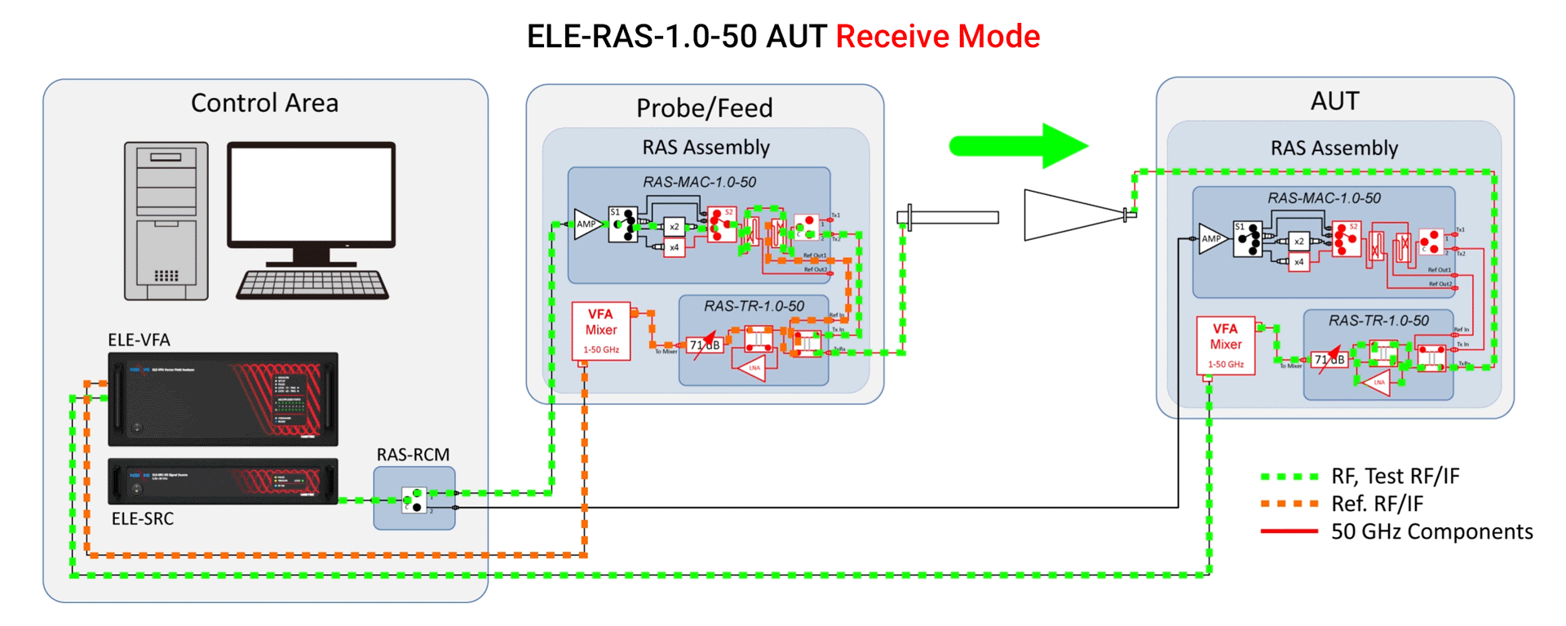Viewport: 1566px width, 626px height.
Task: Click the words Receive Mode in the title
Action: pyautogui.click(x=937, y=37)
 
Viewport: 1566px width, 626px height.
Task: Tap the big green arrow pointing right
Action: pyautogui.click(x=1020, y=146)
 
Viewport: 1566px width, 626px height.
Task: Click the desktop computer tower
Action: pyautogui.click(x=166, y=220)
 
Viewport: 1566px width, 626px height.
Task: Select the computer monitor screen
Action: pyautogui.click(x=311, y=195)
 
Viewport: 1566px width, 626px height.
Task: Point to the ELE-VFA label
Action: pyautogui.click(x=139, y=340)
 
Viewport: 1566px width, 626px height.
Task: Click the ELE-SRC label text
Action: pyautogui.click(x=143, y=518)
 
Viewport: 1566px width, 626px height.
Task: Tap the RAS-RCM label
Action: pyautogui.click(x=413, y=455)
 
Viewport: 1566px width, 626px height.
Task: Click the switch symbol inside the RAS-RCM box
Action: pyautogui.click(x=414, y=499)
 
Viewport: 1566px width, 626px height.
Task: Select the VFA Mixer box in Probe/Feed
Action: pyautogui.click(x=601, y=331)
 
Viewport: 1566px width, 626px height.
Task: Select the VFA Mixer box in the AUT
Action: pyautogui.click(x=1225, y=345)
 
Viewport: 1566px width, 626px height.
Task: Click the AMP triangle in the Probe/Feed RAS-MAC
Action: pyautogui.click(x=586, y=224)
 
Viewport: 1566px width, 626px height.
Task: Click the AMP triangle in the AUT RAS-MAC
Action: pyautogui.click(x=1211, y=238)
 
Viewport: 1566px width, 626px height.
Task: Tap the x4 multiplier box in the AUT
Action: pyautogui.click(x=1299, y=262)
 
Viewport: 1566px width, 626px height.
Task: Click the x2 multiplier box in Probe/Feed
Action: pyautogui.click(x=674, y=226)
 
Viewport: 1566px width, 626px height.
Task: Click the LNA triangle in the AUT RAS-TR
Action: pyautogui.click(x=1378, y=382)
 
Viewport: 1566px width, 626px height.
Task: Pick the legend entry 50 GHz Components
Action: pyautogui.click(x=1431, y=531)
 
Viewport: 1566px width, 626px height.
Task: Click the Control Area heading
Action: pyautogui.click(x=264, y=103)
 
